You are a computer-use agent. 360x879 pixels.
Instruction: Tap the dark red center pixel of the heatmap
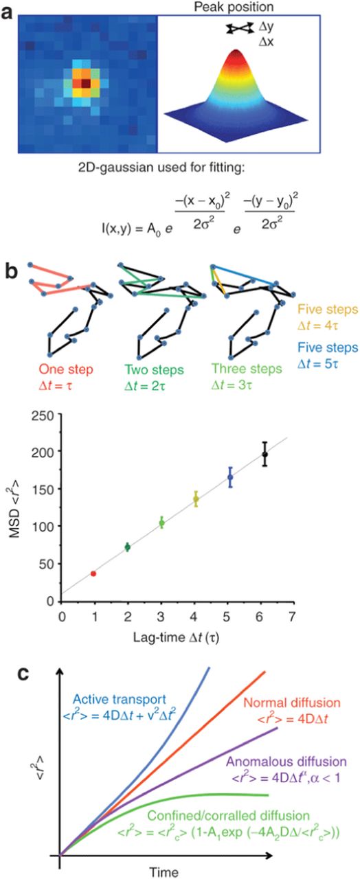(85, 83)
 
